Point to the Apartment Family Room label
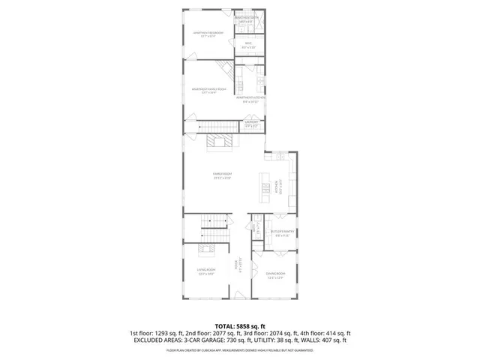click(x=209, y=91)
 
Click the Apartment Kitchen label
click(x=250, y=97)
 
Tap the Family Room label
click(x=221, y=176)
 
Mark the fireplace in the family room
click(x=220, y=143)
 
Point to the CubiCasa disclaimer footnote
click(x=239, y=349)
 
